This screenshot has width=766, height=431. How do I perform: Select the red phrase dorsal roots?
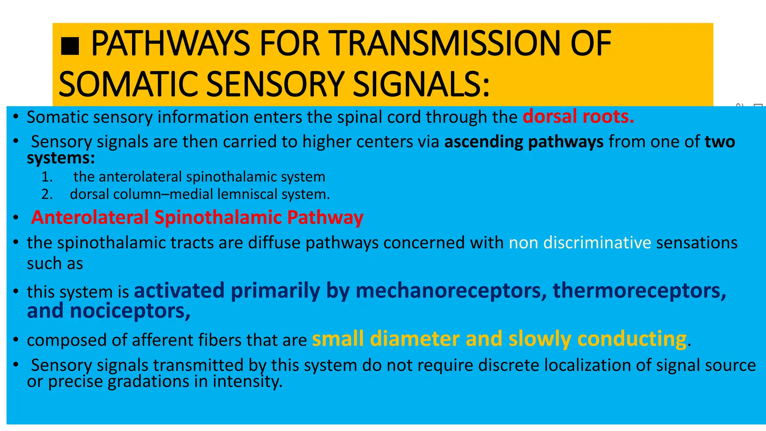(578, 117)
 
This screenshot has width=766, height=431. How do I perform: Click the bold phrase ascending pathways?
(524, 142)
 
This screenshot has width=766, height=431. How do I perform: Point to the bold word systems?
(61, 158)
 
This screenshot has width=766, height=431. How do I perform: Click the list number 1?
(47, 177)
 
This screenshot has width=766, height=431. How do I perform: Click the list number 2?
(47, 194)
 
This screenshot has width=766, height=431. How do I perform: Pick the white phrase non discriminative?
(580, 243)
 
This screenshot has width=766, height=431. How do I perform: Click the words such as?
(55, 263)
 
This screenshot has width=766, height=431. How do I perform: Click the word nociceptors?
(130, 311)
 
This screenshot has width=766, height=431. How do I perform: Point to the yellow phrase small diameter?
(385, 339)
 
